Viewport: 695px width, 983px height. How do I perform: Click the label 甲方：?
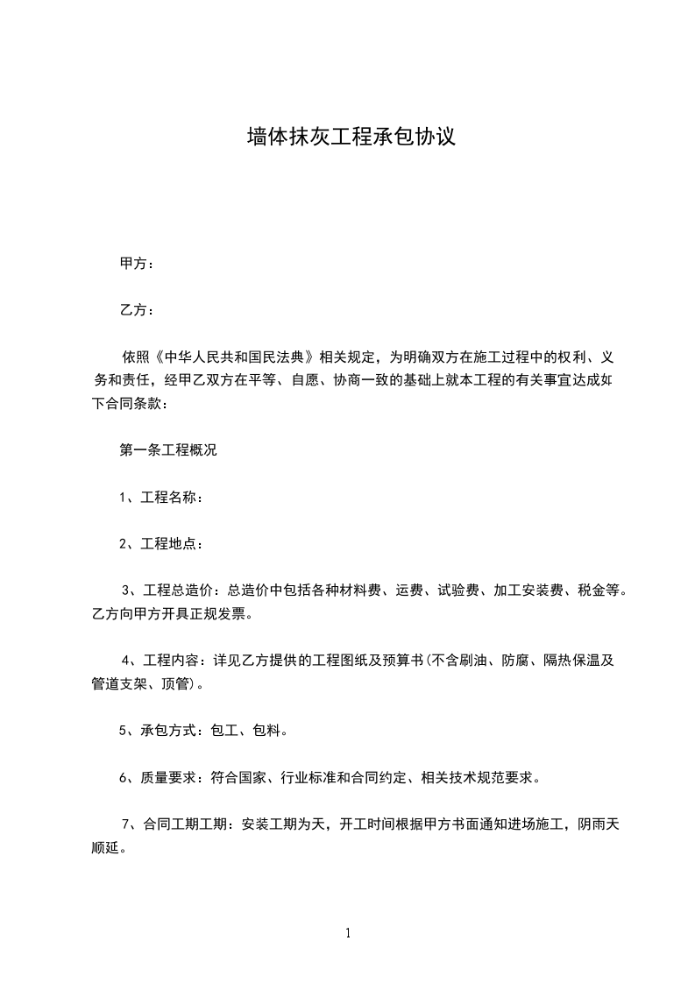pos(138,263)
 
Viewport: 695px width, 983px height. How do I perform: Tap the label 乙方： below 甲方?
pos(138,310)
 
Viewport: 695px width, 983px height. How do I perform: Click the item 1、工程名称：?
pos(162,498)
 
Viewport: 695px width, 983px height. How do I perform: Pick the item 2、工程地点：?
pos(162,544)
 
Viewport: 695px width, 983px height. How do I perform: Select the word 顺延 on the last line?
pos(105,847)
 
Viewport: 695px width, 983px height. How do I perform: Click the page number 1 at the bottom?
pos(348,934)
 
